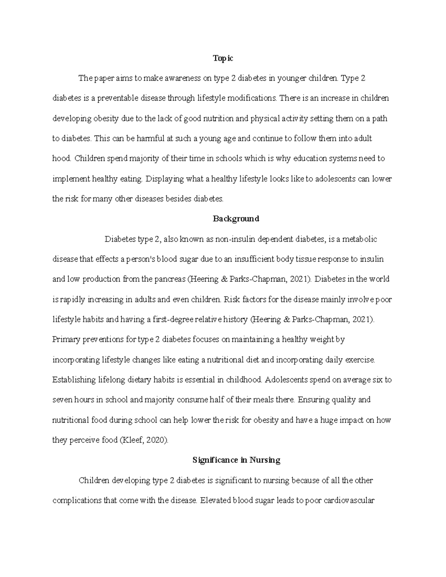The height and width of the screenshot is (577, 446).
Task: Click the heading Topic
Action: pos(223,58)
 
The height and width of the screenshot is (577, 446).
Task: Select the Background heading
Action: pos(236,219)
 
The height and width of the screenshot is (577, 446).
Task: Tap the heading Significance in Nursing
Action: pos(236,460)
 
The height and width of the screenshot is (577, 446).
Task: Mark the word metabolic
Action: pos(360,239)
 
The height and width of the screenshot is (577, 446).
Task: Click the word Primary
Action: pos(65,340)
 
